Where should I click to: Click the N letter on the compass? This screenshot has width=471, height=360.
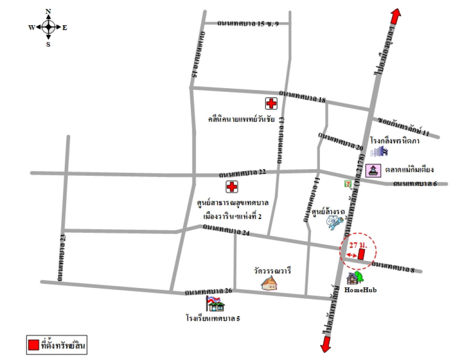pyautogui.click(x=48, y=11)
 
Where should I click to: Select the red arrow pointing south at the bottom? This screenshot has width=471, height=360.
pyautogui.click(x=325, y=345)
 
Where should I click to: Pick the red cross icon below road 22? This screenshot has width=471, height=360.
pyautogui.click(x=232, y=186)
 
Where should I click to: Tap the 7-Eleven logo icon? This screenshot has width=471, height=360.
pyautogui.click(x=347, y=183)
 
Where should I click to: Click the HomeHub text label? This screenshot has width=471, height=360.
pyautogui.click(x=360, y=290)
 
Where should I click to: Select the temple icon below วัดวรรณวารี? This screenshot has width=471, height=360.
pyautogui.click(x=269, y=283)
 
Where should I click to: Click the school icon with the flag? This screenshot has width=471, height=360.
pyautogui.click(x=215, y=304)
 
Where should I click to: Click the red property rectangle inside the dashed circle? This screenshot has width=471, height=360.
pyautogui.click(x=361, y=254)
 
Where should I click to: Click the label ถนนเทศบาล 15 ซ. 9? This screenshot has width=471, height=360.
pyautogui.click(x=247, y=23)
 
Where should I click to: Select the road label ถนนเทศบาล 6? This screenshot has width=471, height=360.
pyautogui.click(x=415, y=183)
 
